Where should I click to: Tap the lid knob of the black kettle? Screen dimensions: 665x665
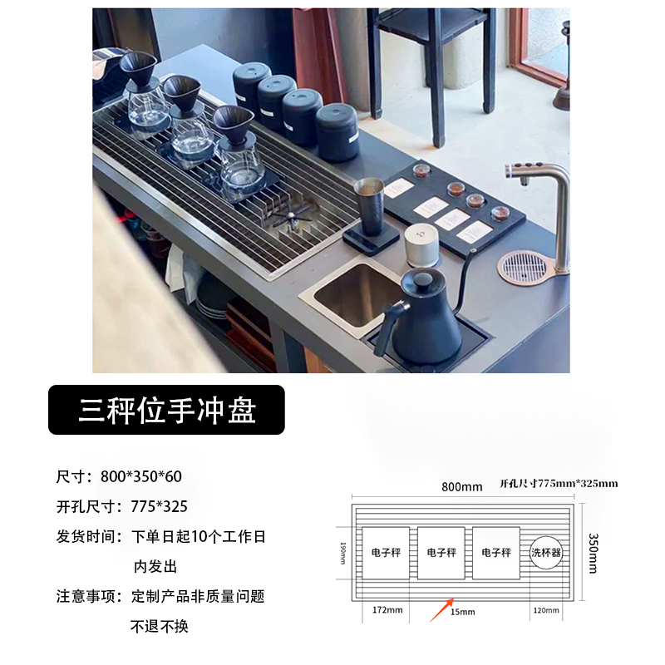[x=421, y=271]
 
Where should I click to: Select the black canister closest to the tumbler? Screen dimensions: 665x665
[x=337, y=133]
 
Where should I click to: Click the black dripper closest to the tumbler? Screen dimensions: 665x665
[x=234, y=125]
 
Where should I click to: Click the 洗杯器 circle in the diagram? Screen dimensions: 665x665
[x=545, y=552]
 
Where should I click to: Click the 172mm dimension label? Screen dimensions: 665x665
[x=387, y=610]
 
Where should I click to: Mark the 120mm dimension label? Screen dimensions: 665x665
[x=545, y=610]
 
